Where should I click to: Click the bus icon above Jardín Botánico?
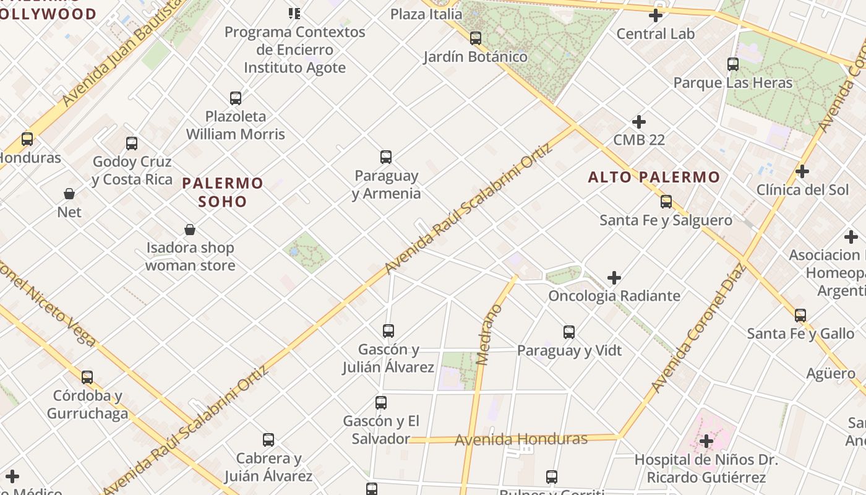(475, 38)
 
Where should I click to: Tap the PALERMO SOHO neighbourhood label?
(223, 192)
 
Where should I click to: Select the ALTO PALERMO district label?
(654, 178)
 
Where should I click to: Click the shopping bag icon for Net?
(69, 194)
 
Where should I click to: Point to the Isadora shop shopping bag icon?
(190, 230)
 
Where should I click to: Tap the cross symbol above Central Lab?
(656, 15)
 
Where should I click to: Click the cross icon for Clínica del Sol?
(802, 171)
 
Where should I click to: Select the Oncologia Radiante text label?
(614, 296)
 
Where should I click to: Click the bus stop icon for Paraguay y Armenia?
(386, 157)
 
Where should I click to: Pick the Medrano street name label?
(489, 334)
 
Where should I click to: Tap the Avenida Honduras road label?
(521, 439)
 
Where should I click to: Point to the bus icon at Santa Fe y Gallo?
(800, 316)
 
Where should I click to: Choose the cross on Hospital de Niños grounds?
(706, 442)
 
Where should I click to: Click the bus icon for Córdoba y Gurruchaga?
(87, 377)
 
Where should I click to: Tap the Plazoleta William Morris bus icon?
(236, 98)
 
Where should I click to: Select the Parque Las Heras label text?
(732, 83)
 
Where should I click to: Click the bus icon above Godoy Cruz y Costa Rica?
(132, 144)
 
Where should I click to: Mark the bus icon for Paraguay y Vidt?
(569, 332)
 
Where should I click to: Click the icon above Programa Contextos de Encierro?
(294, 13)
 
